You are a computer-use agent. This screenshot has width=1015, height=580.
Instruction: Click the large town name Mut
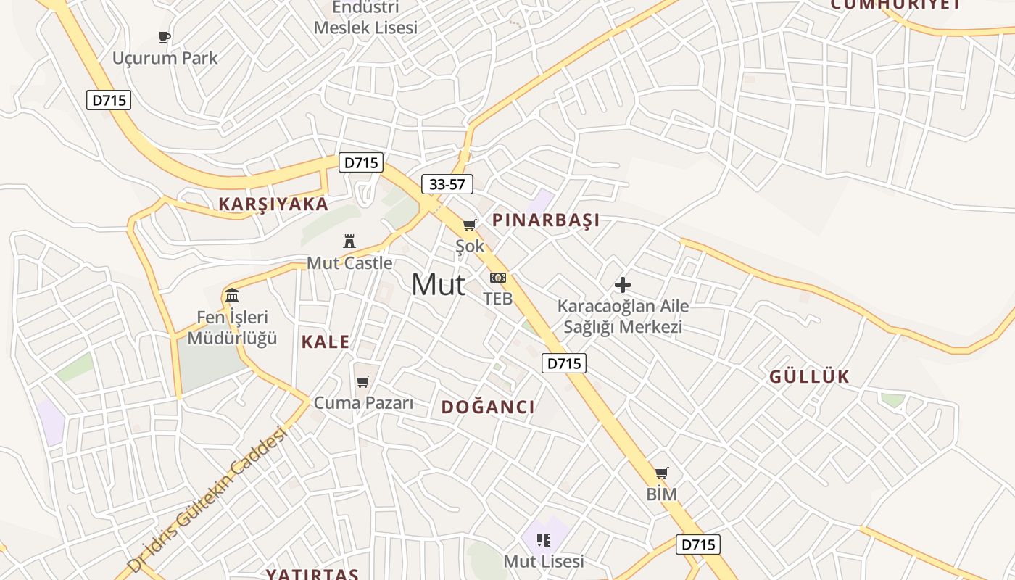pyautogui.click(x=438, y=285)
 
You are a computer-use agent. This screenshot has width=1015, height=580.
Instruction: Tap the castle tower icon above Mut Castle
pyautogui.click(x=349, y=241)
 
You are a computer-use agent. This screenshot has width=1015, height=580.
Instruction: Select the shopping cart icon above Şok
pyautogui.click(x=470, y=225)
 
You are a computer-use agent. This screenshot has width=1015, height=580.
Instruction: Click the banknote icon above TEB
pyautogui.click(x=498, y=278)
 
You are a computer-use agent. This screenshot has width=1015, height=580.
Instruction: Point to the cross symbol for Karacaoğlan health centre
pyautogui.click(x=622, y=285)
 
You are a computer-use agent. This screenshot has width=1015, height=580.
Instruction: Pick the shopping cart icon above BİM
pyautogui.click(x=661, y=473)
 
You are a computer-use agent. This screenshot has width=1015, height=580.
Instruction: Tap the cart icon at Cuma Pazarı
pyautogui.click(x=363, y=381)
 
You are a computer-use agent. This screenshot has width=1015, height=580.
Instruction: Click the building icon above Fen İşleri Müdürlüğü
pyautogui.click(x=232, y=295)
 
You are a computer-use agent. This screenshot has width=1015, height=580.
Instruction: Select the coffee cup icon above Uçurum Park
pyautogui.click(x=165, y=37)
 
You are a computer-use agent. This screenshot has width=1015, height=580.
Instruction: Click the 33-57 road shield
pyautogui.click(x=447, y=184)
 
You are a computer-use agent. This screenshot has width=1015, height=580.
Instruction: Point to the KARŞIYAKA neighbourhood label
pyautogui.click(x=274, y=204)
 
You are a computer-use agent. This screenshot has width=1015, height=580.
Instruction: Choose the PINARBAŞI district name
pyautogui.click(x=546, y=220)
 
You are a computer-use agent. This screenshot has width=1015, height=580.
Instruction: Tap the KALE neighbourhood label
pyautogui.click(x=326, y=342)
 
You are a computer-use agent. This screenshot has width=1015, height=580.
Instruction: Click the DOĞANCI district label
pyautogui.click(x=489, y=407)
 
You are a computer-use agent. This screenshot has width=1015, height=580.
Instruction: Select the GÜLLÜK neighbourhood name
pyautogui.click(x=809, y=377)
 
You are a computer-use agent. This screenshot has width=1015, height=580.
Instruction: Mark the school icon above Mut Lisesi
pyautogui.click(x=544, y=539)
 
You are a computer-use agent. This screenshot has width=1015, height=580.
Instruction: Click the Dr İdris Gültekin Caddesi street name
pyautogui.click(x=207, y=499)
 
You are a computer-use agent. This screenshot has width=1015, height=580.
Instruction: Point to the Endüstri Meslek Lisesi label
pyautogui.click(x=366, y=18)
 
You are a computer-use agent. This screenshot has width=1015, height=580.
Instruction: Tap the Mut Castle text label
pyautogui.click(x=350, y=263)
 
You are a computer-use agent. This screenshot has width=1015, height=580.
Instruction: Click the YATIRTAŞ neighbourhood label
pyautogui.click(x=312, y=574)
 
